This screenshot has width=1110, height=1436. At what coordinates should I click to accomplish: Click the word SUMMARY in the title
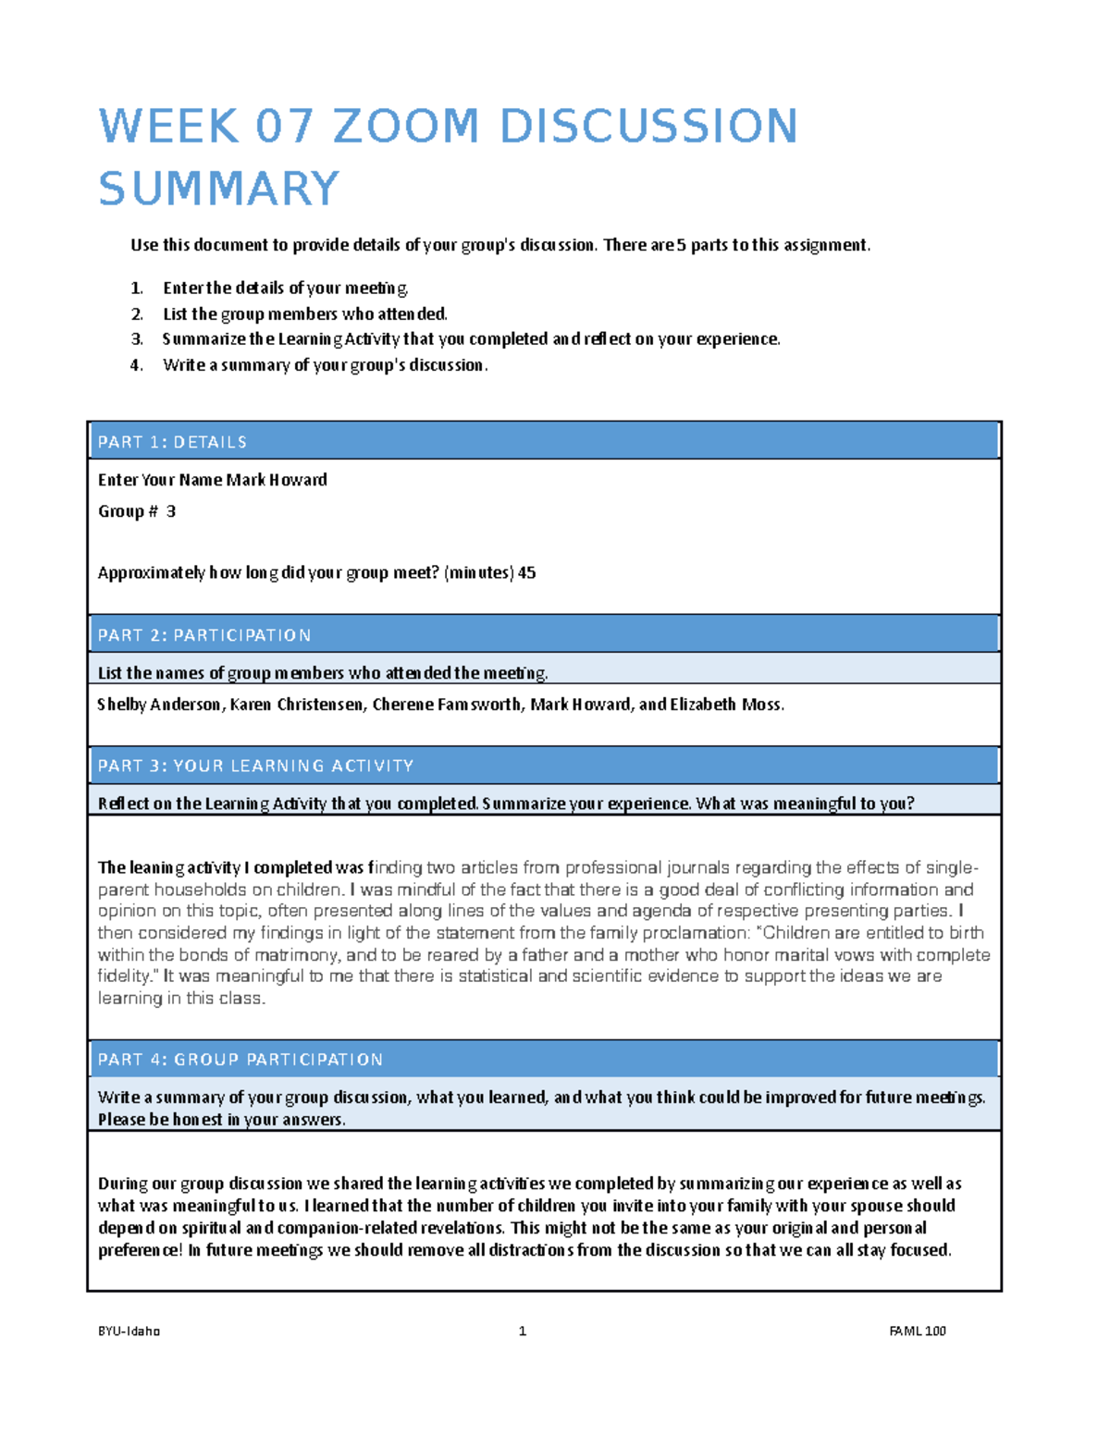(x=219, y=189)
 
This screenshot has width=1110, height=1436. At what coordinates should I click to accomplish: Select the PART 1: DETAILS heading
(x=173, y=442)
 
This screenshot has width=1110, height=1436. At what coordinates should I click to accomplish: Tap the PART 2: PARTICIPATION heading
(x=204, y=635)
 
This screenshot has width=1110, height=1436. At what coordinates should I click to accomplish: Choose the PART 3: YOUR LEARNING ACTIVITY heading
(x=256, y=766)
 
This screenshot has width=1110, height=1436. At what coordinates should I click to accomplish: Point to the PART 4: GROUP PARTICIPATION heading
(x=240, y=1060)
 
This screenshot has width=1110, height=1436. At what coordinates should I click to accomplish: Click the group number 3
(x=171, y=511)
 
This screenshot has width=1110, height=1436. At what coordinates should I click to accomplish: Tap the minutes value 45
(x=527, y=573)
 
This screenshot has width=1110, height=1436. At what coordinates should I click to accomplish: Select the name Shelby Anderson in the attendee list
(x=159, y=705)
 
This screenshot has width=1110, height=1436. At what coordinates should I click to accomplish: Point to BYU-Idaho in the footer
(x=129, y=1332)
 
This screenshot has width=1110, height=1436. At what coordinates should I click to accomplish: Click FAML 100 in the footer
(x=918, y=1332)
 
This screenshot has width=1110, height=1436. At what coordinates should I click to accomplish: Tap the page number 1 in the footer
(x=523, y=1332)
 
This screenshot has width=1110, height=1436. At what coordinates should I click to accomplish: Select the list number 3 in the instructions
(x=136, y=339)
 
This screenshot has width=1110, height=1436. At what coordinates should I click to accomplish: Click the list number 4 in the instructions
(x=136, y=365)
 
